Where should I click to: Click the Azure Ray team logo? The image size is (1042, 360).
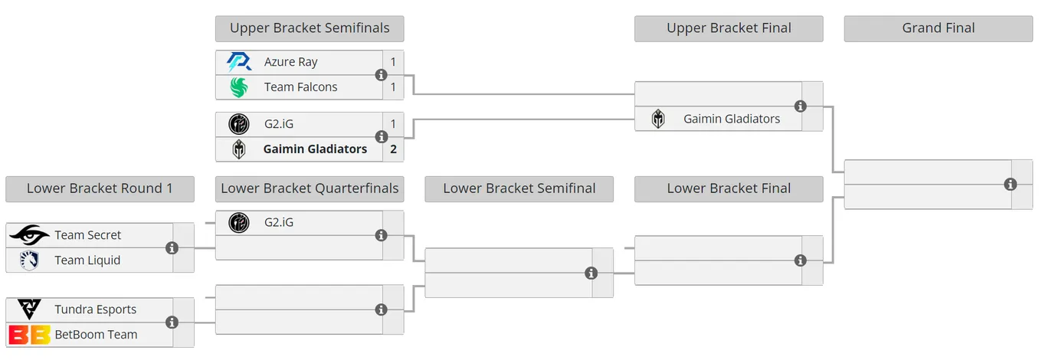tap(239, 62)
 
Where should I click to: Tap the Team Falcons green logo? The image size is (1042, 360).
tap(239, 87)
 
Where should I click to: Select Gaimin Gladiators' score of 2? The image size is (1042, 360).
tap(394, 149)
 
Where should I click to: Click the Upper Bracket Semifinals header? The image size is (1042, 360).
tap(310, 28)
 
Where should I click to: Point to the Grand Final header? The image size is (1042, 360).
tap(939, 28)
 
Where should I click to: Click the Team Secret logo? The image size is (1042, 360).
tap(29, 235)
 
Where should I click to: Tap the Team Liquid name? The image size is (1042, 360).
tap(87, 260)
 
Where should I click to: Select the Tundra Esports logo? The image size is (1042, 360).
tap(29, 309)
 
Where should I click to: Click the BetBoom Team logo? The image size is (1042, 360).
tap(29, 335)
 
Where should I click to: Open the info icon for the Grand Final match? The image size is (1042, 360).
tap(1011, 185)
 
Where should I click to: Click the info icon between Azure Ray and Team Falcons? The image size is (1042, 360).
tap(382, 75)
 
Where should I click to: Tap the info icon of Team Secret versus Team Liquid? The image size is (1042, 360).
tap(172, 248)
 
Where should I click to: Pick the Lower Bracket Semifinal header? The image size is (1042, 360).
tap(519, 189)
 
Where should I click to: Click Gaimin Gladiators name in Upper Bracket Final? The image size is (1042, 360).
tap(732, 119)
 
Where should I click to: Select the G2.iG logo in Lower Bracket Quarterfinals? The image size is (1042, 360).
tap(239, 223)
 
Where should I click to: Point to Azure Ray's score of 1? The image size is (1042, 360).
tap(394, 62)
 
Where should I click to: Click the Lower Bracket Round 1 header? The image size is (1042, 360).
tap(100, 189)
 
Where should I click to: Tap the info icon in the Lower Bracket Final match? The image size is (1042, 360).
tap(801, 260)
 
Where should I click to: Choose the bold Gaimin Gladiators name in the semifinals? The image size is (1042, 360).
tap(315, 149)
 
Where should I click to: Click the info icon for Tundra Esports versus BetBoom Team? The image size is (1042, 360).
tap(172, 322)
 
